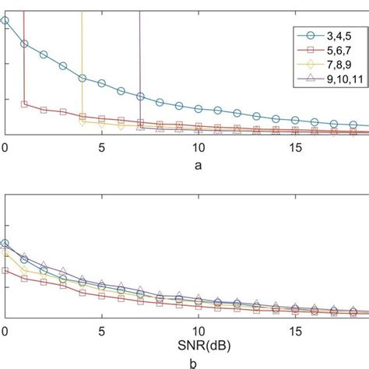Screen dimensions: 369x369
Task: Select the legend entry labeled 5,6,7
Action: click(336, 49)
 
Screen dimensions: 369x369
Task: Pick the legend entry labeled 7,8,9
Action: click(336, 63)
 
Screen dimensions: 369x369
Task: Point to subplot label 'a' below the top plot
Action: click(199, 164)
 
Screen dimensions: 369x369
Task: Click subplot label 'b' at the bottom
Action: click(199, 362)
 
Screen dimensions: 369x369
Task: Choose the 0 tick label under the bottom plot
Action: click(5, 330)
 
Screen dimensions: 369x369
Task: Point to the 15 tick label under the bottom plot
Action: click(295, 330)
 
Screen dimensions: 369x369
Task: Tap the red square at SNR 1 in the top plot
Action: click(24, 104)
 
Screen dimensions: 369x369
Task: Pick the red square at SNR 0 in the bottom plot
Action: click(5, 270)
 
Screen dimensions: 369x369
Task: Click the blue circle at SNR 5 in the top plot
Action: click(101, 83)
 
